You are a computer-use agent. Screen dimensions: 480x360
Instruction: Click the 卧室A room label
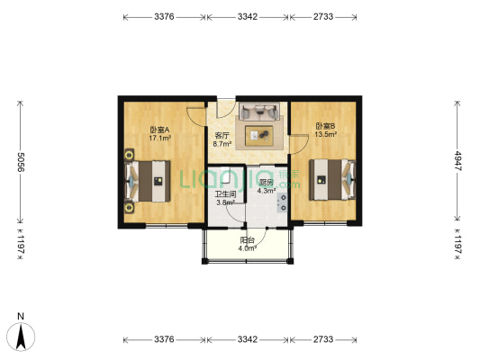(x=159, y=130)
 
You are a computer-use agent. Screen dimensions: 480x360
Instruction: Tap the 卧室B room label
(x=326, y=126)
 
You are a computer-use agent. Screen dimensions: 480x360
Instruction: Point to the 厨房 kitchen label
(x=266, y=183)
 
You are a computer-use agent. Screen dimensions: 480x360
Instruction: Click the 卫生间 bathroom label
(x=225, y=194)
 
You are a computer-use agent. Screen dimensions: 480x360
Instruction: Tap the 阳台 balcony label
(x=247, y=240)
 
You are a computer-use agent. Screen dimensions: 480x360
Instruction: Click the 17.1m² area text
(x=159, y=139)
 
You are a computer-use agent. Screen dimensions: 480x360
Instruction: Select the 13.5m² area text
(x=326, y=134)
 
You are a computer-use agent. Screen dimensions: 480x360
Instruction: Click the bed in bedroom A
(x=148, y=181)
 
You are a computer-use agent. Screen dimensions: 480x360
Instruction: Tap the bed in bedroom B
(x=332, y=179)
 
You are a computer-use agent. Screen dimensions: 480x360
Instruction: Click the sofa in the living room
(x=259, y=112)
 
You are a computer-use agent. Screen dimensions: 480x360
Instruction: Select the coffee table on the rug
(x=259, y=136)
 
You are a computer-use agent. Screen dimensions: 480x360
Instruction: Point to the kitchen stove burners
(x=282, y=202)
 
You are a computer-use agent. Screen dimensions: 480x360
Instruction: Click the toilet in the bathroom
(x=225, y=175)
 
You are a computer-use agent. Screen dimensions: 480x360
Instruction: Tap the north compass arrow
(x=21, y=337)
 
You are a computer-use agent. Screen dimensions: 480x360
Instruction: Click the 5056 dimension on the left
(x=20, y=162)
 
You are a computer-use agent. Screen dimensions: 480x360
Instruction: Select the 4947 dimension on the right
(x=457, y=161)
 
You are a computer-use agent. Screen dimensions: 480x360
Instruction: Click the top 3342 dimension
(x=248, y=17)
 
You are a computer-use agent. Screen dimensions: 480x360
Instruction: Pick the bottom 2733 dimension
(x=323, y=339)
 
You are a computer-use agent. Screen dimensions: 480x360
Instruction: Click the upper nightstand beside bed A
(x=130, y=154)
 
